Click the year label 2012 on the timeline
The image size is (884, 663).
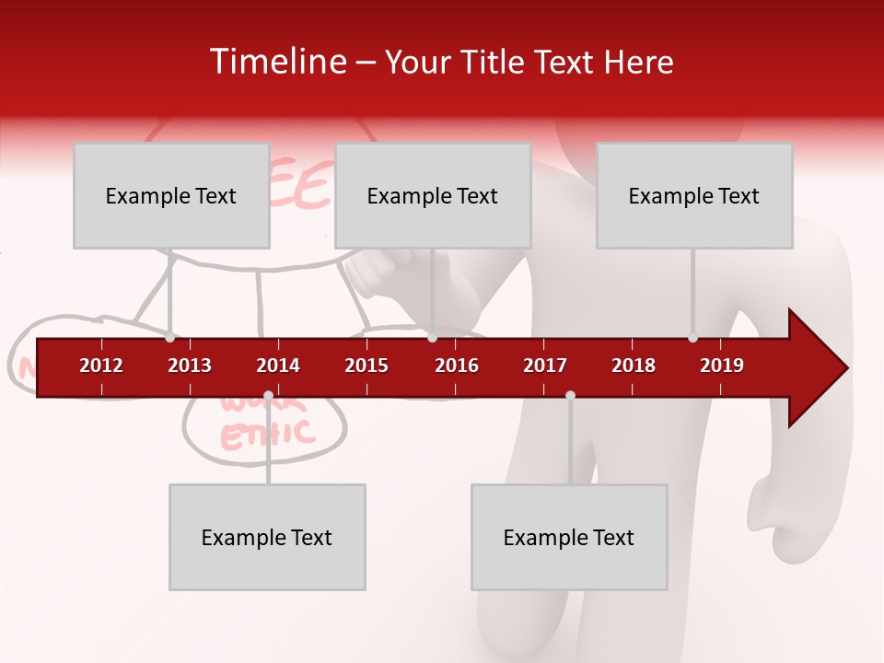101,366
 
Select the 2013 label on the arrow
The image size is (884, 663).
190,366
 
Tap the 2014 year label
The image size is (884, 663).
278,366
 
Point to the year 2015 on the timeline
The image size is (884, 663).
366,366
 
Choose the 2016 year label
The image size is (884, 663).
457,366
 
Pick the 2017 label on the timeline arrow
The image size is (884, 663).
545,366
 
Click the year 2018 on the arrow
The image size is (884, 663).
634,366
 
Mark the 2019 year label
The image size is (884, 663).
722,366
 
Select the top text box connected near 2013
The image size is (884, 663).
171,195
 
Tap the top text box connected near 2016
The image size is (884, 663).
433,195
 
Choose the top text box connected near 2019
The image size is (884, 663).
694,195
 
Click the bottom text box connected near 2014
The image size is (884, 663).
267,537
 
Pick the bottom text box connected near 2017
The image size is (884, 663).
569,537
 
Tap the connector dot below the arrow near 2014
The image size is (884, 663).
268,396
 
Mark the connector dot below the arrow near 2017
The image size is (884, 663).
570,396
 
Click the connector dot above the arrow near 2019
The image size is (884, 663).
692,338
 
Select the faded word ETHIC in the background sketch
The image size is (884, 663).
267,434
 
